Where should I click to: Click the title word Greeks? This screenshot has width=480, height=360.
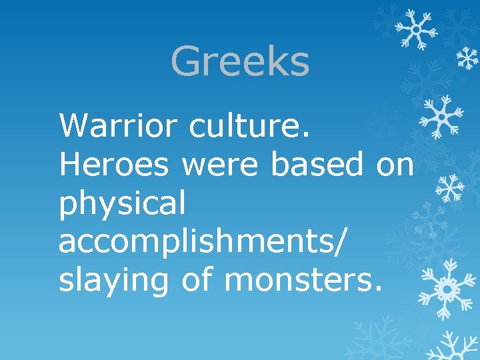point(240,61)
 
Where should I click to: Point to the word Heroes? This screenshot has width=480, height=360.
point(113,164)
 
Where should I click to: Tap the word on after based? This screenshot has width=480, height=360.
point(395,164)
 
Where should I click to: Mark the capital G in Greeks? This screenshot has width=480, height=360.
point(186,61)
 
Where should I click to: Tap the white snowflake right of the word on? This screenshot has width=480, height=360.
point(450,188)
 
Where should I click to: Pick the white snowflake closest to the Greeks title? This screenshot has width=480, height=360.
point(415,29)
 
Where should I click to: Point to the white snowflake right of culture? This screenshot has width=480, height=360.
point(441,117)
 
